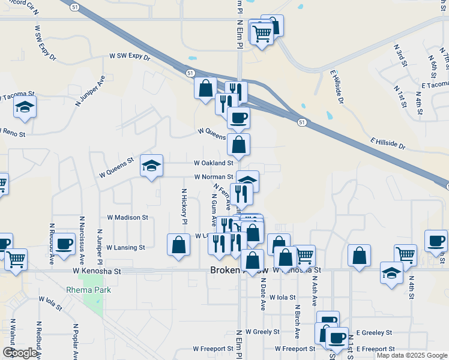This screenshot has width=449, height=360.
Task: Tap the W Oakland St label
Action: (x=213, y=163)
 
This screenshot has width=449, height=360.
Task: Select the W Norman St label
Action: (x=213, y=177)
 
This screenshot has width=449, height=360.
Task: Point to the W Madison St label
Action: (x=127, y=217)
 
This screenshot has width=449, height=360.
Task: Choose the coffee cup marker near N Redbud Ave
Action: (x=64, y=244)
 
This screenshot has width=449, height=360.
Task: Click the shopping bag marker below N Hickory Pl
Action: (x=179, y=245)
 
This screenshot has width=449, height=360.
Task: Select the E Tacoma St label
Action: (x=435, y=85)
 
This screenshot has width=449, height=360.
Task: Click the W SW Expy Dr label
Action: (x=128, y=56)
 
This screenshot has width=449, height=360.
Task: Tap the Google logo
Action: (x=19, y=353)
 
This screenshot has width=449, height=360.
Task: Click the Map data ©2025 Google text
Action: (x=412, y=355)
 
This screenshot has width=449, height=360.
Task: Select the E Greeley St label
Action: (x=374, y=332)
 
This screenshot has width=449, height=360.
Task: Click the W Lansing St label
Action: (x=125, y=247)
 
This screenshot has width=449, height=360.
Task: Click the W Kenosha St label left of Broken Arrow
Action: (x=97, y=271)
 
